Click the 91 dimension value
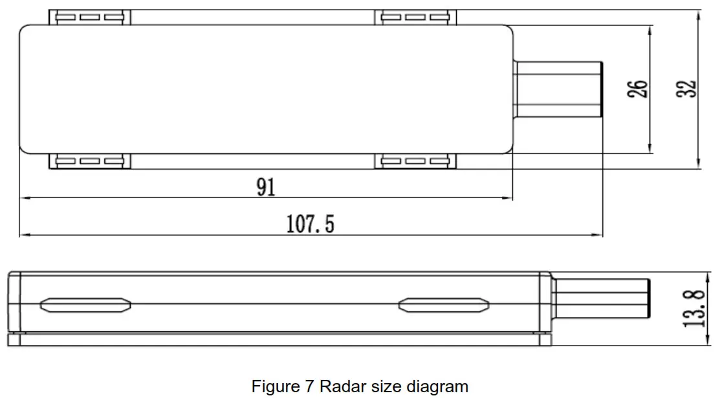tap(266, 187)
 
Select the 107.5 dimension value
tap(310, 225)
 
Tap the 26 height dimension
tap(637, 89)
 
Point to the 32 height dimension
tap(688, 89)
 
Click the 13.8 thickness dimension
tap(694, 308)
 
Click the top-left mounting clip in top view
tap(90, 17)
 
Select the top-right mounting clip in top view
tap(415, 17)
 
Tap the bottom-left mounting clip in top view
tap(90, 162)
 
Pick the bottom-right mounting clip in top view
tap(415, 162)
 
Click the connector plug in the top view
tap(558, 89)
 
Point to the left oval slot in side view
tap(85, 304)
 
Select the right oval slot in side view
tap(443, 304)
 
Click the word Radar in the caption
tap(344, 387)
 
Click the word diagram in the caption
tap(437, 387)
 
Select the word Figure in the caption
tap(276, 387)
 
